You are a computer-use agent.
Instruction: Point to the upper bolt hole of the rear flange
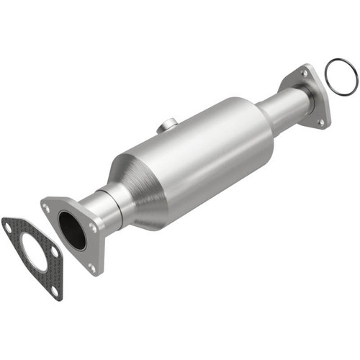tap(305, 73)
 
